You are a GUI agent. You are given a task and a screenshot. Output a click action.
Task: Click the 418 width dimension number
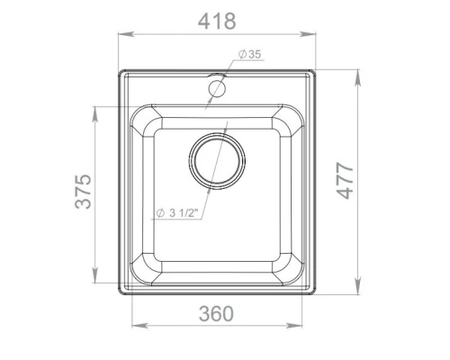tap(217, 22)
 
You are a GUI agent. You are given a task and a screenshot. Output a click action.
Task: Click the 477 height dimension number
tap(345, 181)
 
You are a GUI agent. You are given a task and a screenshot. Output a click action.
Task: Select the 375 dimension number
tap(83, 191)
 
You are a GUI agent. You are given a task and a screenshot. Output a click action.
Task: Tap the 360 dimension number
tap(216, 313)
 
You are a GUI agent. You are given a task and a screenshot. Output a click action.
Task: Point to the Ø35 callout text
tap(250, 54)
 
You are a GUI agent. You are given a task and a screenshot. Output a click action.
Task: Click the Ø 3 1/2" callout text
tap(177, 213)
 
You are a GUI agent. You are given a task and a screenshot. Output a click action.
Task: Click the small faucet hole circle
tap(217, 88)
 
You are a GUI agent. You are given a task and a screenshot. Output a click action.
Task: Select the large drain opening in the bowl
tap(217, 161)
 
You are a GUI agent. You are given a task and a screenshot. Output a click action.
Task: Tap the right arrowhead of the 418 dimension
tap(308, 34)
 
